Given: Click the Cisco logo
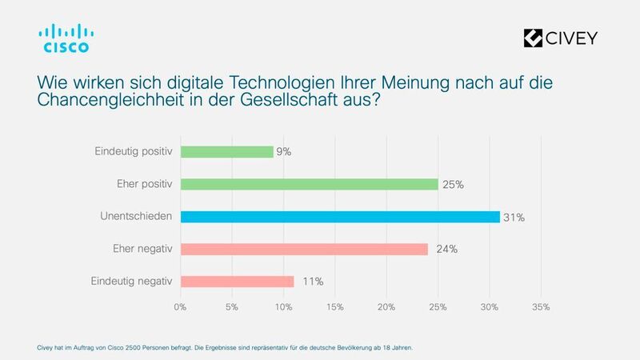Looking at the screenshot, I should pyautogui.click(x=66, y=38).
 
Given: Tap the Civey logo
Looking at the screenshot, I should pyautogui.click(x=559, y=38).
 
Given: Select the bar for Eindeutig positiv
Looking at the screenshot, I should pyautogui.click(x=226, y=151).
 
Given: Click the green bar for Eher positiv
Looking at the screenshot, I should pyautogui.click(x=309, y=184).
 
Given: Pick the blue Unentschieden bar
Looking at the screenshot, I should pyautogui.click(x=340, y=217).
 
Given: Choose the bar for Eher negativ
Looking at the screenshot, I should pyautogui.click(x=304, y=249).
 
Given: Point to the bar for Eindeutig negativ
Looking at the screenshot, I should pyautogui.click(x=237, y=282).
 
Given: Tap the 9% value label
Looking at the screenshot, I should pyautogui.click(x=284, y=151).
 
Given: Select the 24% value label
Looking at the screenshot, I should pyautogui.click(x=446, y=249).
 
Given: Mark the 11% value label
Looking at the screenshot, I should pyautogui.click(x=313, y=282).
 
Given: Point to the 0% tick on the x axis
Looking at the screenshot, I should pyautogui.click(x=181, y=306).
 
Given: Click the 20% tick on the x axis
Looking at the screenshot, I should pyautogui.click(x=386, y=306).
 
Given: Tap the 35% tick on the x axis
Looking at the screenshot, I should pyautogui.click(x=541, y=306).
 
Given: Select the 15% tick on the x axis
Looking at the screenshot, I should pyautogui.click(x=335, y=306).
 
